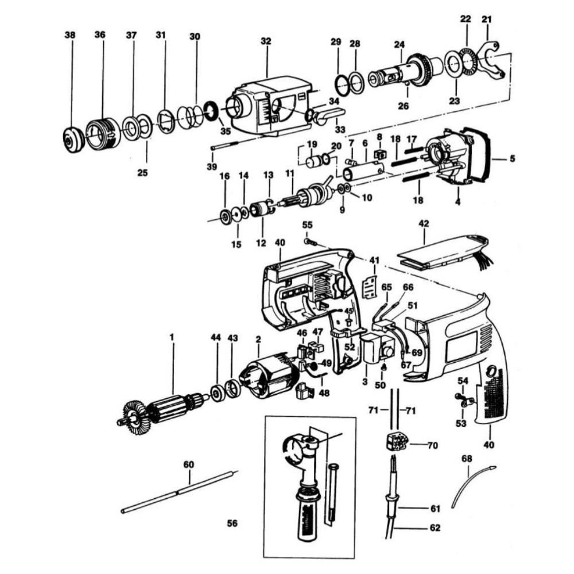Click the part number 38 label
click(x=70, y=36)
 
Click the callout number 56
click(x=232, y=523)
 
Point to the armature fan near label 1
click(x=137, y=414)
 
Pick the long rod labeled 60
click(x=178, y=491)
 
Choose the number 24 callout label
click(x=400, y=44)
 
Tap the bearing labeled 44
click(x=218, y=394)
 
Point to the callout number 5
click(x=511, y=157)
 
